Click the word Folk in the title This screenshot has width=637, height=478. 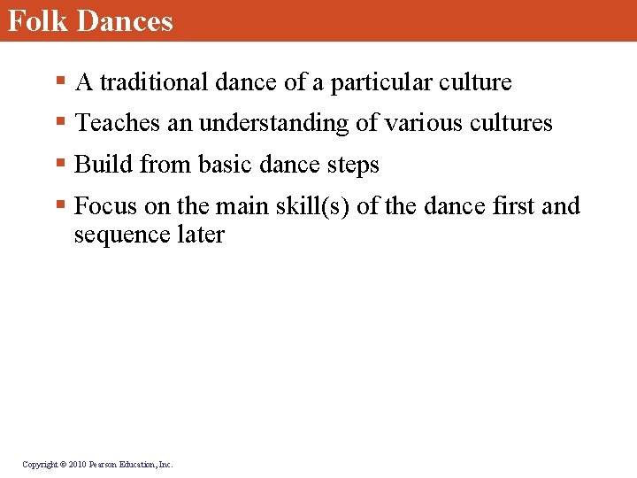pos(38,19)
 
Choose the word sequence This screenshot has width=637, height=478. pos(116,235)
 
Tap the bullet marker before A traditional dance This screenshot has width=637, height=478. pos(59,82)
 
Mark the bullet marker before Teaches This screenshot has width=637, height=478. pos(59,123)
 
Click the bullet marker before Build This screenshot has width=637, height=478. pos(59,165)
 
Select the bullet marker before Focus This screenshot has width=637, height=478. pos(59,206)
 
